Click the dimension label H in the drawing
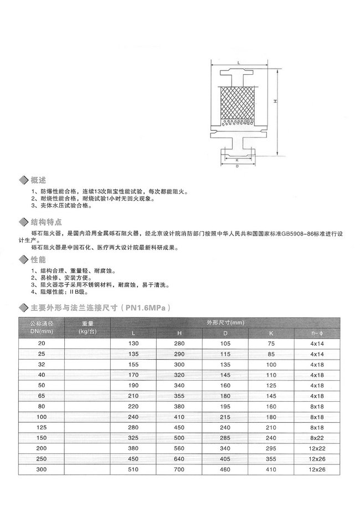[275, 103]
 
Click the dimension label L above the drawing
[238, 64]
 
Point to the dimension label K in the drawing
[237, 159]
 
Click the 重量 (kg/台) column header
[88, 326]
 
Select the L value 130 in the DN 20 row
[133, 344]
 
